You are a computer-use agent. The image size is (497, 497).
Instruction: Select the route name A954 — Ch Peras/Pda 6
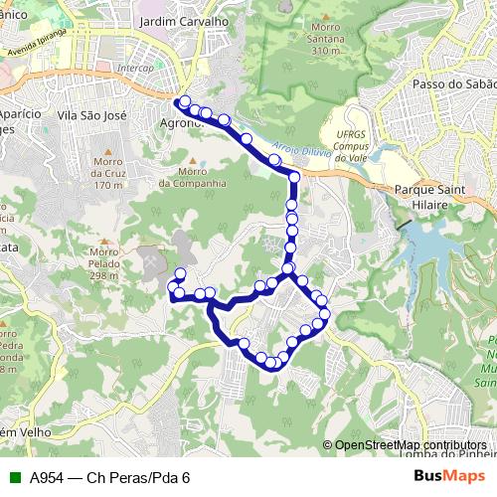pos(109,477)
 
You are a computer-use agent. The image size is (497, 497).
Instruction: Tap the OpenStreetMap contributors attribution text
pos(410,445)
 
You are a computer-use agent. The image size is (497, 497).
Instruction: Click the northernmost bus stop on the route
pos(185,101)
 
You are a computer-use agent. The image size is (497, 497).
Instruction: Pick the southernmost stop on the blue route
pos(271,364)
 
